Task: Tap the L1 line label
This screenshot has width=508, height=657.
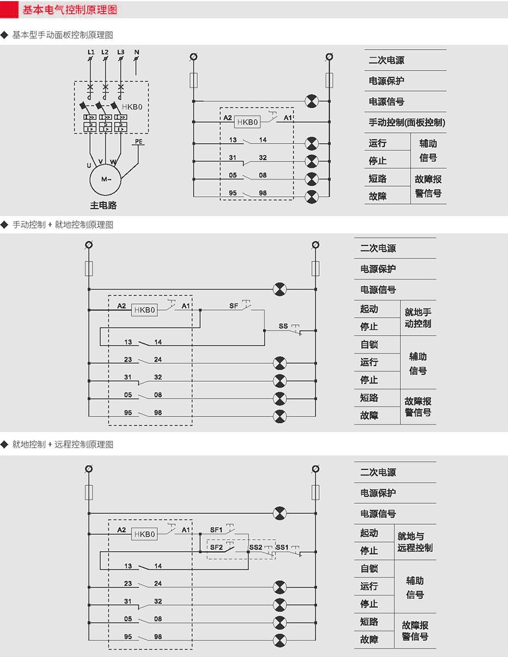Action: click(91, 53)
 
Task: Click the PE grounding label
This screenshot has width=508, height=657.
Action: click(139, 142)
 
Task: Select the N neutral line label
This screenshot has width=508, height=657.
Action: click(137, 53)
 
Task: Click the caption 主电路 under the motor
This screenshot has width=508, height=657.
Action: click(103, 205)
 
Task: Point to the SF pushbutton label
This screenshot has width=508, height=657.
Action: click(234, 306)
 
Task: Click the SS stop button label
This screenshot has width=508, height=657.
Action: click(283, 327)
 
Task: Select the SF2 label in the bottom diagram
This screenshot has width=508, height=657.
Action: click(216, 547)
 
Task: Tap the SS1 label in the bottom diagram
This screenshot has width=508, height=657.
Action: click(282, 547)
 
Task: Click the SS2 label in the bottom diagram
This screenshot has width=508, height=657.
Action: click(255, 547)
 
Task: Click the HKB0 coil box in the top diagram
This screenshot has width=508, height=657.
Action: click(247, 122)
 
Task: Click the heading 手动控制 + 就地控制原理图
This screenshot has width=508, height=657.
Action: click(63, 225)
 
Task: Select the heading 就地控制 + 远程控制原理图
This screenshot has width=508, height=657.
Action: click(63, 445)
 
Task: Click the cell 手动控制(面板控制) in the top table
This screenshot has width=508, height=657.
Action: click(406, 123)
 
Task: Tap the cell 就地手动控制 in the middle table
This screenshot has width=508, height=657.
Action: click(418, 318)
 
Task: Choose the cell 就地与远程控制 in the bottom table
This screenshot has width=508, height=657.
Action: click(415, 542)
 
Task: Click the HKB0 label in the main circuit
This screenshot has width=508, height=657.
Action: click(133, 108)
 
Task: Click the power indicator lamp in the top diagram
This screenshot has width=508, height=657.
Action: click(311, 101)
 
